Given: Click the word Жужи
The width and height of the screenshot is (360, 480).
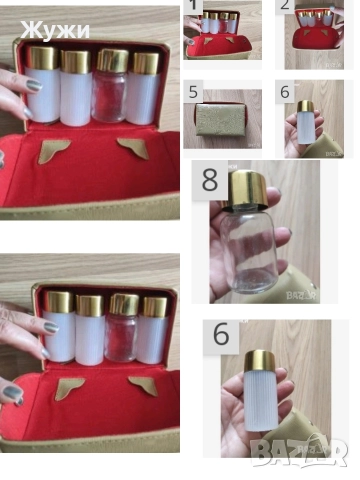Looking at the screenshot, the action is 55,30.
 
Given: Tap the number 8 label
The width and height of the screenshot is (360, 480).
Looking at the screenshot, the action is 210,180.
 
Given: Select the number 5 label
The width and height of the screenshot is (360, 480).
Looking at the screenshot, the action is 193,92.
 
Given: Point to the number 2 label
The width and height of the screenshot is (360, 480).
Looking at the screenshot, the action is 285,5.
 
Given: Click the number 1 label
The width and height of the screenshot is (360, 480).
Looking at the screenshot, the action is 193,5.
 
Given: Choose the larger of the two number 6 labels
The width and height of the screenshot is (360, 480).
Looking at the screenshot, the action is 221,334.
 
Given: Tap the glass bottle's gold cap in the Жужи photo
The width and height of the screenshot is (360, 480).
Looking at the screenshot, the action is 112,61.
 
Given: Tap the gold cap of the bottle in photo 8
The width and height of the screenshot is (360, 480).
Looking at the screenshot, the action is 248,191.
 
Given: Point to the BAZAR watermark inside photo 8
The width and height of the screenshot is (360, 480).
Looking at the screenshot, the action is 301,295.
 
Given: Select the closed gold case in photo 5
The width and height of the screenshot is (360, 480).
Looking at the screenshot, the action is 220,119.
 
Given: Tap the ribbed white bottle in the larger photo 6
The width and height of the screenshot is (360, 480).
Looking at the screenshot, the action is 261,401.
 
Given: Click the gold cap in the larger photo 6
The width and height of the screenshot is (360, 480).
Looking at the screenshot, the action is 260,361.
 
